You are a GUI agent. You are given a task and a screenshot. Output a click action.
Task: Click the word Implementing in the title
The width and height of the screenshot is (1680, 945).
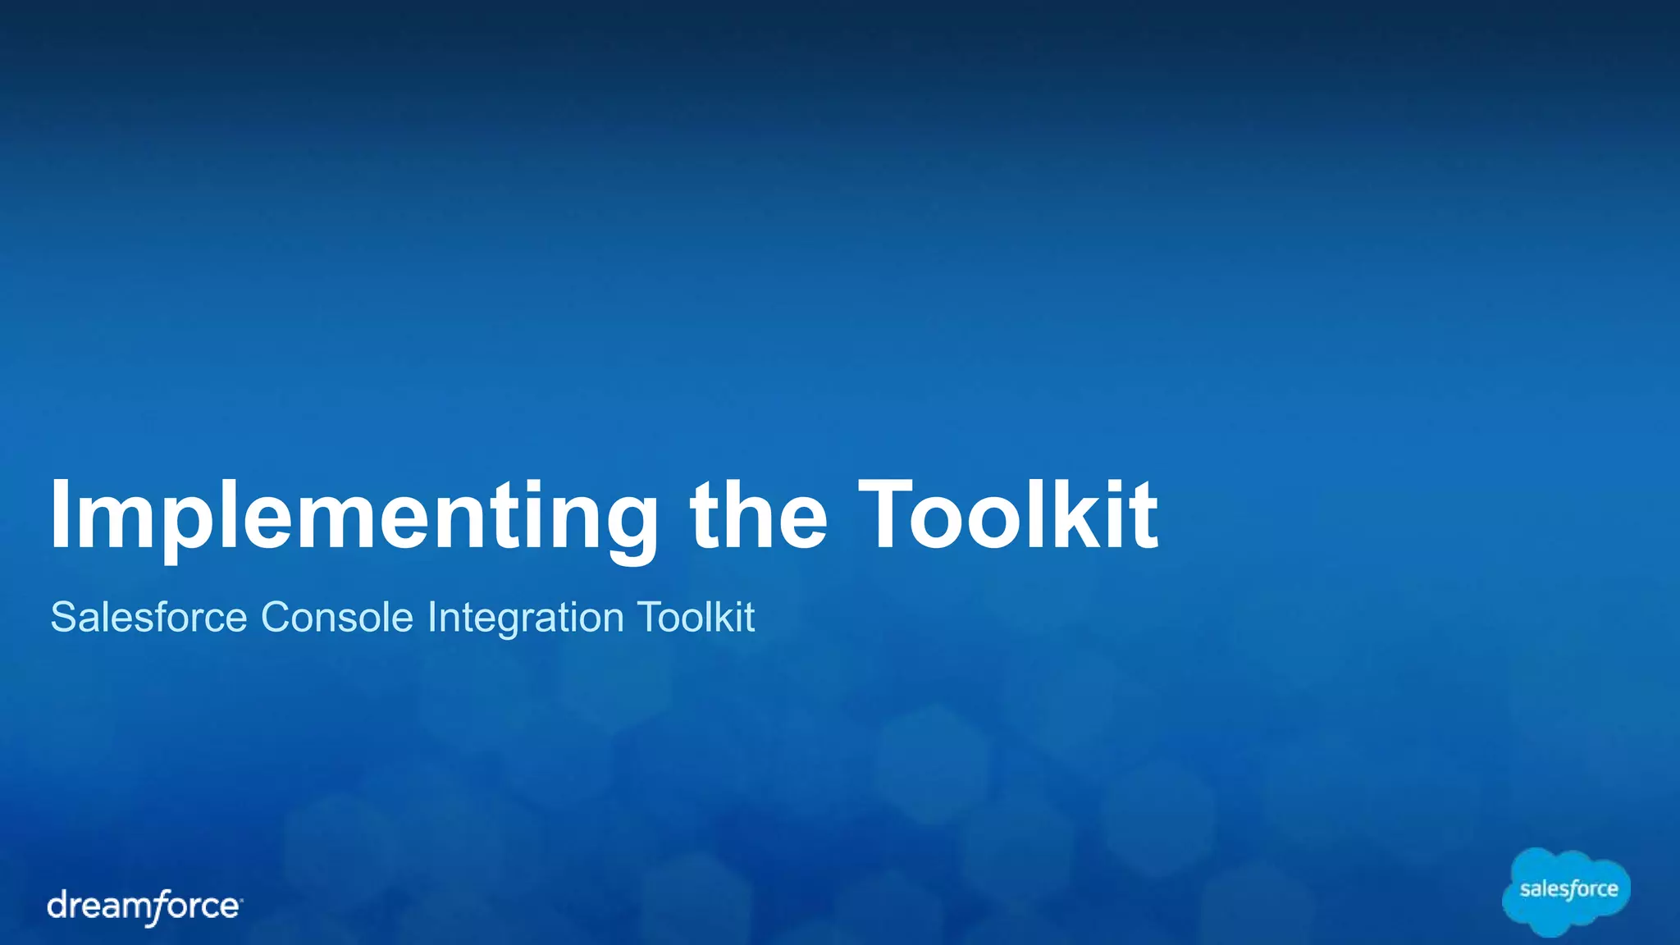click(x=354, y=517)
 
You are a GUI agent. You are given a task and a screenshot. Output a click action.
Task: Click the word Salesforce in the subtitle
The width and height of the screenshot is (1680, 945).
click(x=148, y=617)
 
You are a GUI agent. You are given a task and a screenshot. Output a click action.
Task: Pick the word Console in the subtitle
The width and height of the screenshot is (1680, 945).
click(x=337, y=617)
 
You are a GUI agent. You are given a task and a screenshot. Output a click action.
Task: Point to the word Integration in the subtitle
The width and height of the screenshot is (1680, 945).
click(x=526, y=619)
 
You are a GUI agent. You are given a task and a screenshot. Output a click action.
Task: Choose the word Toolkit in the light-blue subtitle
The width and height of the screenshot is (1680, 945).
click(x=696, y=617)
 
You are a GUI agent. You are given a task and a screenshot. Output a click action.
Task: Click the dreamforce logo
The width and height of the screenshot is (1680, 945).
click(x=144, y=906)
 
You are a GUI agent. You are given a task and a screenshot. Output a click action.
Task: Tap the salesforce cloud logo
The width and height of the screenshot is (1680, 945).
click(x=1567, y=891)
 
